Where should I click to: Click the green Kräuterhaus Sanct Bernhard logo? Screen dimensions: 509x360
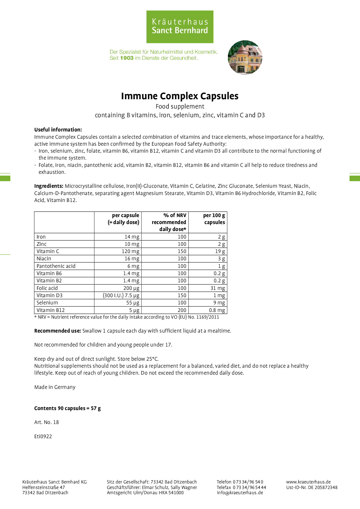coord(180,27)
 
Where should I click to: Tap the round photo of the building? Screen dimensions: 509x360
coord(245,57)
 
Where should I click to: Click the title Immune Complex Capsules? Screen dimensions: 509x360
coord(180,96)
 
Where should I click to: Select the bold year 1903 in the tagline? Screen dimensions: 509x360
coord(127,58)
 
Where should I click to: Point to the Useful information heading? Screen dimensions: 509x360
coord(58,130)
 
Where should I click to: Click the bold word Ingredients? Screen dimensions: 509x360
coord(48,186)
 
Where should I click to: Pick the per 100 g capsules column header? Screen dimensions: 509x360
coord(214,219)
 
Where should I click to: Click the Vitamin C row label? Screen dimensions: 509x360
coord(48,251)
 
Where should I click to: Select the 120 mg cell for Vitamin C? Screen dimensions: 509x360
coord(130,251)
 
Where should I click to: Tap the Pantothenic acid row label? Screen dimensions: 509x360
coord(56,266)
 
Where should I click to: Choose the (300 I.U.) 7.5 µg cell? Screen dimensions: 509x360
coord(121,295)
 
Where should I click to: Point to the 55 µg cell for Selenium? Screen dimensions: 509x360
coord(133,303)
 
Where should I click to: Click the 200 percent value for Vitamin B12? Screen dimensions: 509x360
coord(182,310)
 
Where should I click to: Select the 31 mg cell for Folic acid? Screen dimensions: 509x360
coord(217,288)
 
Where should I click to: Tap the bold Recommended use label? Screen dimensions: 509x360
coord(57,331)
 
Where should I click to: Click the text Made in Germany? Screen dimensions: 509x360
coord(55,387)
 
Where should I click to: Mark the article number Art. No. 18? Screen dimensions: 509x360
coord(46,422)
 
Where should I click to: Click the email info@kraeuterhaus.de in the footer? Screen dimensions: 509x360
coord(240,492)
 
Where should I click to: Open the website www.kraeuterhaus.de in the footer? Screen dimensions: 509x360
coord(308,482)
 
